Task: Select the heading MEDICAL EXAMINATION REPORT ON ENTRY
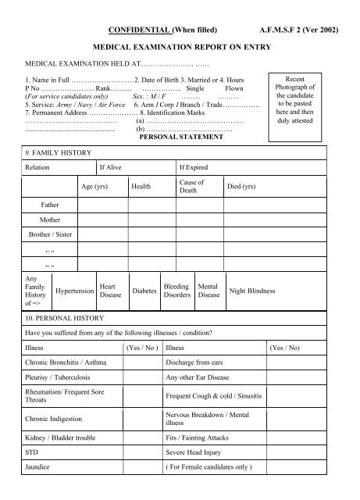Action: point(181,48)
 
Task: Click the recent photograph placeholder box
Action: point(301,102)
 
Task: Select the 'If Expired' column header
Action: point(193,167)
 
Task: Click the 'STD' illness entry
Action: point(32,452)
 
